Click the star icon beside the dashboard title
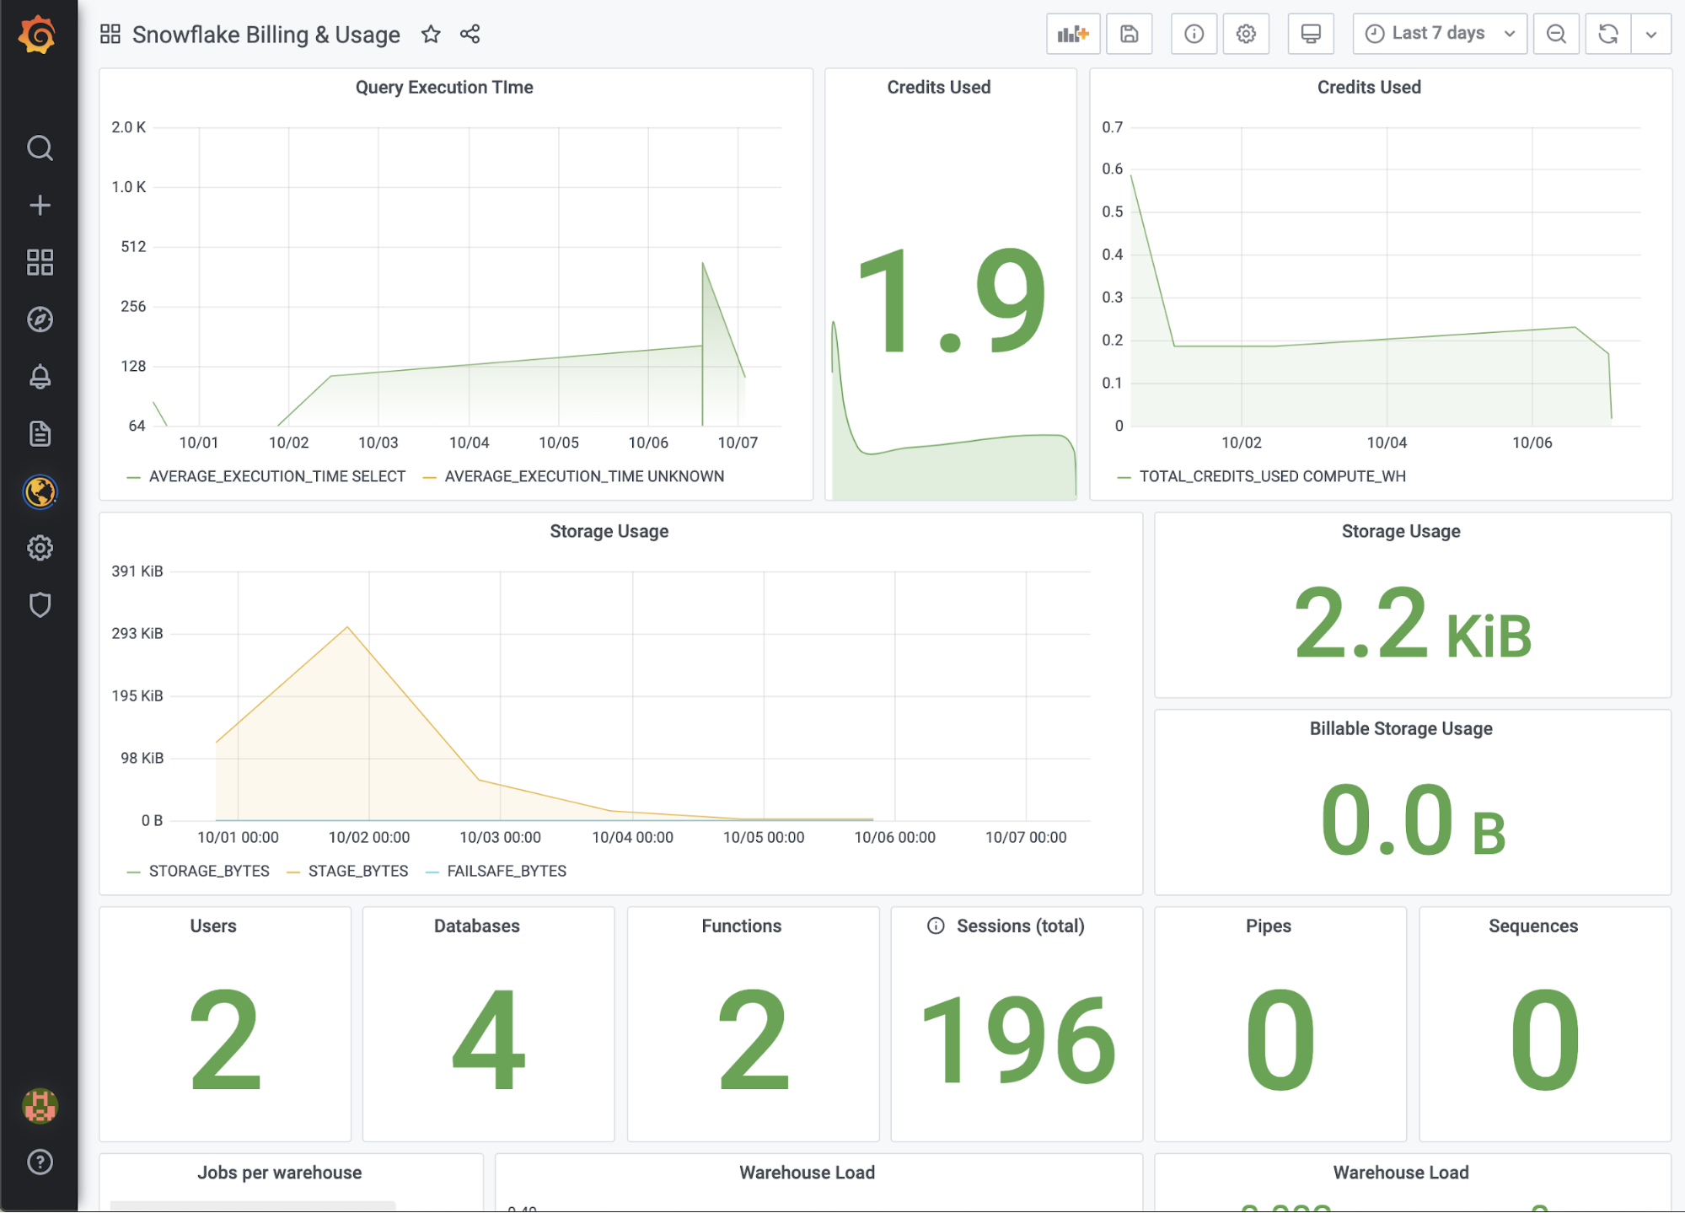click(431, 35)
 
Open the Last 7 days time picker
click(1439, 34)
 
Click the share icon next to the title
click(470, 35)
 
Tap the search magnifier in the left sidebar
click(40, 148)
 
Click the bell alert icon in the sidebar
click(40, 377)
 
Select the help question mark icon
click(40, 1162)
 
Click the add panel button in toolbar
click(1072, 34)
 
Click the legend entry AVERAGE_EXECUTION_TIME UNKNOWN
click(583, 476)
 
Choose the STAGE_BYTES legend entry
click(357, 871)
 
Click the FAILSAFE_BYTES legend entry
click(506, 871)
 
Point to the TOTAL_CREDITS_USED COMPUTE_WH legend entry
click(1272, 476)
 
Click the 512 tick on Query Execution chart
click(133, 247)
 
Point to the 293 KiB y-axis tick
click(137, 633)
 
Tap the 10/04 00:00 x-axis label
click(632, 837)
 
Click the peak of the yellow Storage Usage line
click(347, 627)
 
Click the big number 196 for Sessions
click(1017, 1039)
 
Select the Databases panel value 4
click(489, 1039)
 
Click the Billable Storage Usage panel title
click(1400, 728)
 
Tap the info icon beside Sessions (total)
click(936, 926)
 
